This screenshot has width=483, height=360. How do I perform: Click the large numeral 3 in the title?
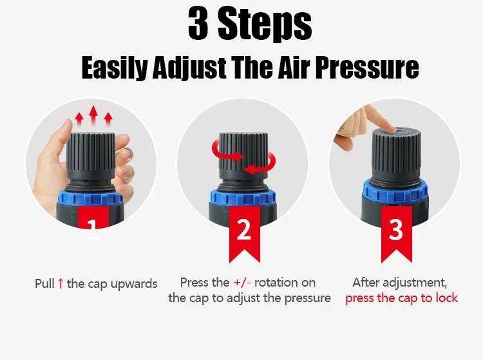[x=198, y=23]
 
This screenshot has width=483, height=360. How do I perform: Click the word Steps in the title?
[x=265, y=25]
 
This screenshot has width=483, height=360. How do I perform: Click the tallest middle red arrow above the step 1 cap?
[x=93, y=115]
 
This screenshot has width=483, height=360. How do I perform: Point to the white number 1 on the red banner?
[x=93, y=229]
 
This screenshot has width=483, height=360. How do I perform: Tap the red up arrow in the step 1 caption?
[x=61, y=283]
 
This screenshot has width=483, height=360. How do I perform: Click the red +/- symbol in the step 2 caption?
[x=242, y=282]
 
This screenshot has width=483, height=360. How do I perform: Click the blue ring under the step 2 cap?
[x=243, y=198]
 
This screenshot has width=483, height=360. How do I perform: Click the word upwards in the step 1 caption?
[x=134, y=284]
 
